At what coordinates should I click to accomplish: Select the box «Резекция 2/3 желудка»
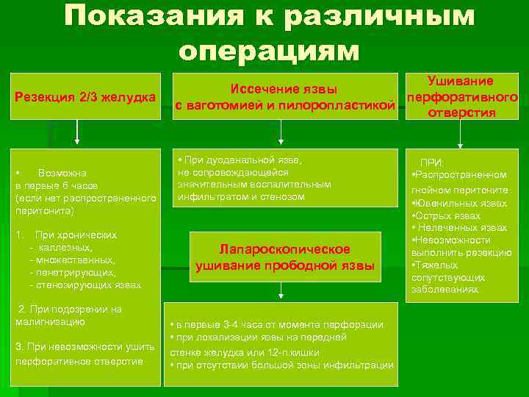click(x=86, y=97)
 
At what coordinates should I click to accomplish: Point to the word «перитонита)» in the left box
click(x=44, y=210)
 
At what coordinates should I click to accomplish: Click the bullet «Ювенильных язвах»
click(x=461, y=203)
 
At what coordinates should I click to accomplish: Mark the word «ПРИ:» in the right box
click(x=433, y=162)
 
